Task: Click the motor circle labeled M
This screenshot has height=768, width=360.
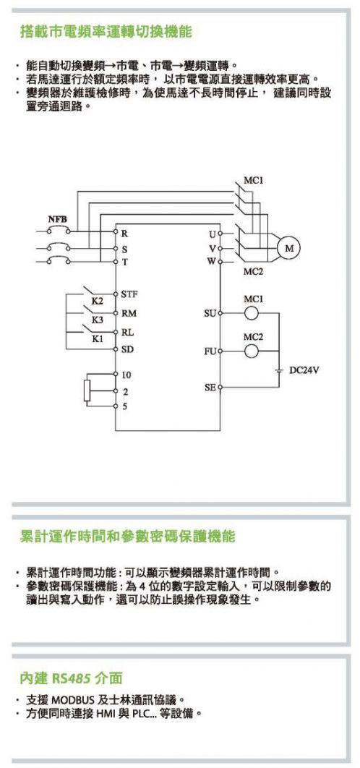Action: [x=289, y=248]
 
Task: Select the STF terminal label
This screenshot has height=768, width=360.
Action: [x=130, y=294]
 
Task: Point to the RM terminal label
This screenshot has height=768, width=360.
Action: [x=129, y=312]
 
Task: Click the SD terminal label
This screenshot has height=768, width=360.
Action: [x=128, y=350]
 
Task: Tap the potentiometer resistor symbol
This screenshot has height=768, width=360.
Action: [x=87, y=391]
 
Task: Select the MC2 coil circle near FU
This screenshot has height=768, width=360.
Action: [x=252, y=351]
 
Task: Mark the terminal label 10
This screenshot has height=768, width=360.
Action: [x=127, y=375]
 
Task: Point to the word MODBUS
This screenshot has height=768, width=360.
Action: [x=69, y=699]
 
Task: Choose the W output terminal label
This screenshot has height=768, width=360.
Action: [x=210, y=261]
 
